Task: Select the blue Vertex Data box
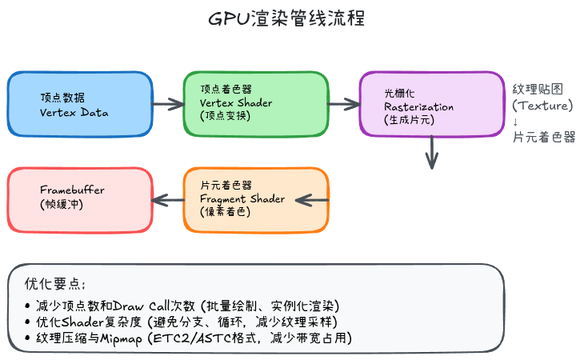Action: click(80, 105)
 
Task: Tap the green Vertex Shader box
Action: click(255, 105)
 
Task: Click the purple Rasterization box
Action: click(431, 105)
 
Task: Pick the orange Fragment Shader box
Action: click(255, 199)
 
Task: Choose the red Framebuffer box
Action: click(80, 199)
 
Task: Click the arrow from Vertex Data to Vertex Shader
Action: click(168, 104)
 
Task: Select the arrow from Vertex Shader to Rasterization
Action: click(344, 104)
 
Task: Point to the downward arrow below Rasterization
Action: click(433, 152)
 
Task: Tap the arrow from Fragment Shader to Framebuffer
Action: click(168, 199)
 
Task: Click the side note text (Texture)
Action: click(543, 106)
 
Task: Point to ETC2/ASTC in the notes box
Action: click(200, 338)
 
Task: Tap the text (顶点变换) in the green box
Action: click(226, 116)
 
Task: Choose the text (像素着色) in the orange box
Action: click(226, 212)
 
